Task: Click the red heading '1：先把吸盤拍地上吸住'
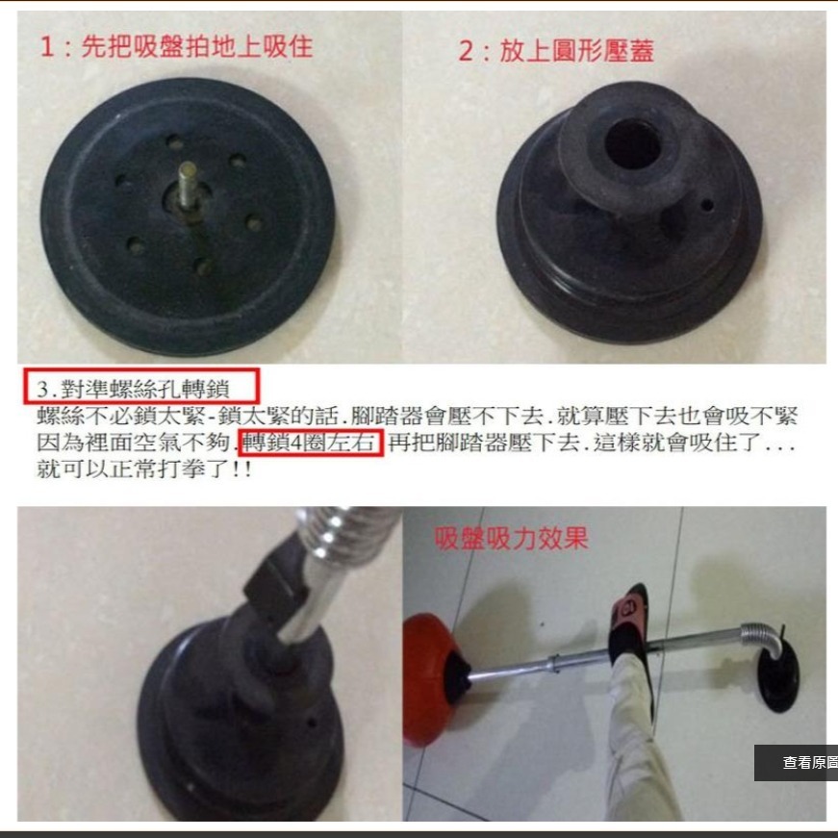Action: [176, 47]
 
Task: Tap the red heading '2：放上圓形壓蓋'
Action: [555, 51]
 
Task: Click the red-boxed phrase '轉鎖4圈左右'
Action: [313, 444]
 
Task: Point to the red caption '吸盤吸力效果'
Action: [510, 537]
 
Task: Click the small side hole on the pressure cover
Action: [707, 205]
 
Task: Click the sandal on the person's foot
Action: [631, 630]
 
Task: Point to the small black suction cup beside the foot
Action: [777, 678]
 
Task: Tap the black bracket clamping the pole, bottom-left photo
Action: [273, 587]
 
